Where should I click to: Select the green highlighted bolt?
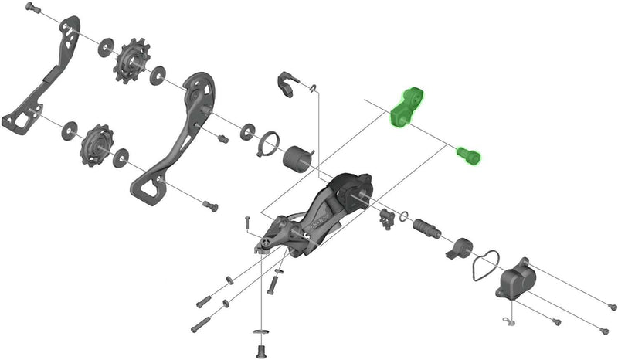point(467,155)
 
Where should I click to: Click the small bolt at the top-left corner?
point(32,8)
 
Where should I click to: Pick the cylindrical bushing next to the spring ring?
point(297,160)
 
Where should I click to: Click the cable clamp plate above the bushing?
point(287,86)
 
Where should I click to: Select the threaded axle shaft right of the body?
point(426,229)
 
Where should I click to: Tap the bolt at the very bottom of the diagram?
point(260,341)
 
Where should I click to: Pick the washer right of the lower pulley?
point(123,160)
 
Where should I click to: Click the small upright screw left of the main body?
point(246,222)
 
